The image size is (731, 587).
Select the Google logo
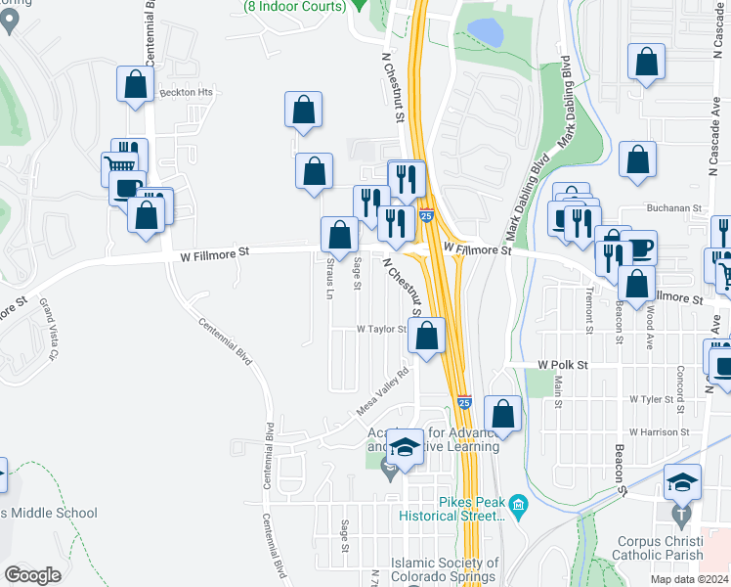pyautogui.click(x=33, y=575)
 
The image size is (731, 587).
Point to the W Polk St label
pyautogui.click(x=563, y=364)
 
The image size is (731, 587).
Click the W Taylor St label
pyautogui.click(x=381, y=330)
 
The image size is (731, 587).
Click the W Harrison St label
pyautogui.click(x=660, y=431)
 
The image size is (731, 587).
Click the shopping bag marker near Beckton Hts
pyautogui.click(x=136, y=84)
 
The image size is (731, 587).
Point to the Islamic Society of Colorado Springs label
pyautogui.click(x=445, y=569)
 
